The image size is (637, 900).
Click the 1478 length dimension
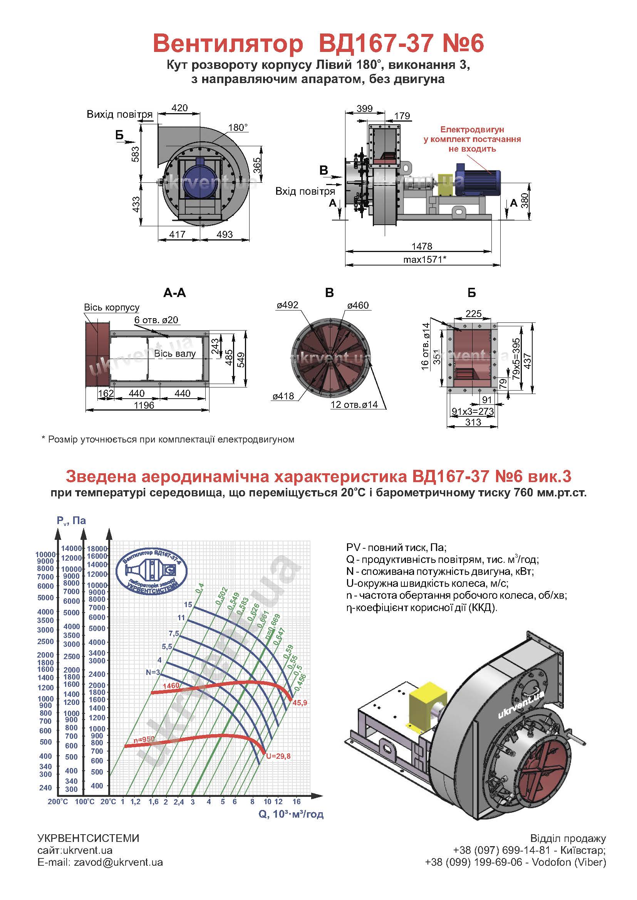tap(422, 246)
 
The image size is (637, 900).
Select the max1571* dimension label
tap(425, 259)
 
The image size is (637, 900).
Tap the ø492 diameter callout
tap(287, 305)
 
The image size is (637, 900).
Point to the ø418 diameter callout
tap(283, 396)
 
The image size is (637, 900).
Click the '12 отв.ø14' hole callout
tap(354, 404)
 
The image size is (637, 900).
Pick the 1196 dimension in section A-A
tap(144, 405)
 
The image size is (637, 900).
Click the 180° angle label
tap(238, 127)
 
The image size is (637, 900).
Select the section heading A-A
tap(174, 293)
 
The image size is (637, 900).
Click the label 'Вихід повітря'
tap(120, 114)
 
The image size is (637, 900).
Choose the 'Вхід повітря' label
tap(305, 191)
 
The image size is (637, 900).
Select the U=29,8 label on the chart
tap(278, 756)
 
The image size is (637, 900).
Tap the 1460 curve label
tap(171, 686)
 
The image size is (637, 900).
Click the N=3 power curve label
tap(153, 672)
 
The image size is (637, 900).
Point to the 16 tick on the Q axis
tap(296, 801)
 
